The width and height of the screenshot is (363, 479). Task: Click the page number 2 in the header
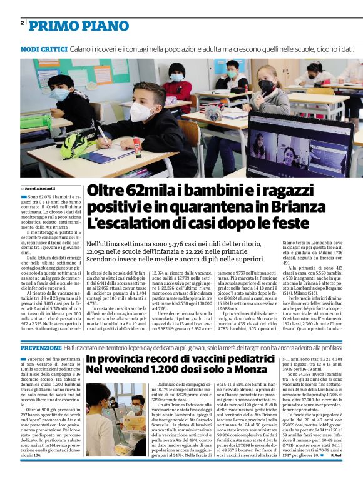(x=22, y=24)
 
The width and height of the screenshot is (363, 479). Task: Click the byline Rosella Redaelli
(x=41, y=188)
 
